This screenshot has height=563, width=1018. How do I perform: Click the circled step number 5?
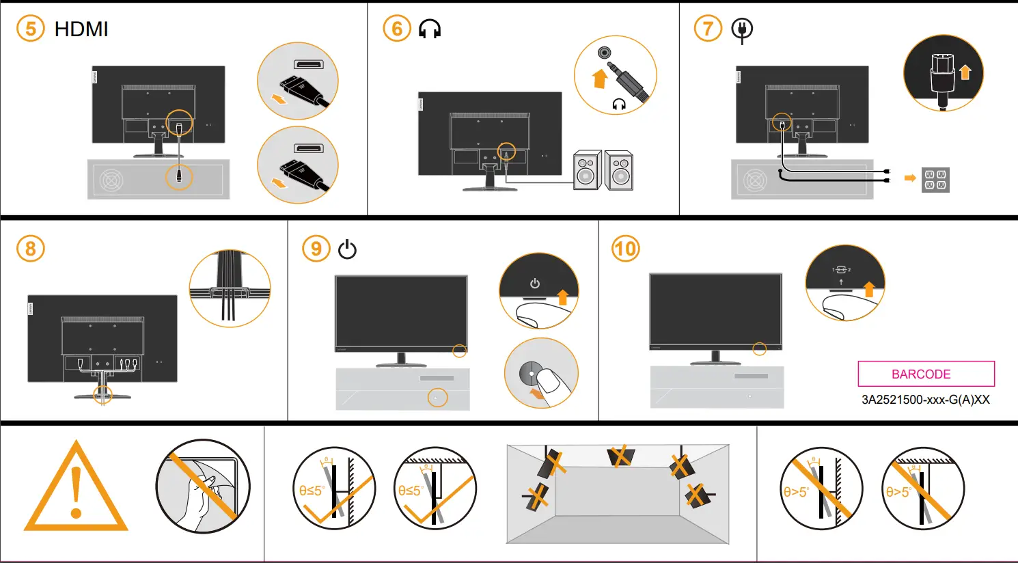[30, 29]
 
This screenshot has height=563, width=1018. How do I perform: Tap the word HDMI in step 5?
[81, 29]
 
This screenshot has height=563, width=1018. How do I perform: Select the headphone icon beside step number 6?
[430, 29]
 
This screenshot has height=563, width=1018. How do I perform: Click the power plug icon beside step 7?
[742, 30]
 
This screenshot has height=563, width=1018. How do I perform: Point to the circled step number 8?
[30, 249]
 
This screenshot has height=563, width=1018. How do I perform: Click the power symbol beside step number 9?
[347, 249]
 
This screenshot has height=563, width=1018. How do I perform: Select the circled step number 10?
[625, 249]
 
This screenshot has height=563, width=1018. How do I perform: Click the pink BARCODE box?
[926, 374]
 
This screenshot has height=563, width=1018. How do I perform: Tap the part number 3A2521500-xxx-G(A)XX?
[925, 400]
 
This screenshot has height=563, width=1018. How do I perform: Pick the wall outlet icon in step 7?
[935, 180]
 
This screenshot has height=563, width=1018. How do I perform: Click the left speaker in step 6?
[586, 170]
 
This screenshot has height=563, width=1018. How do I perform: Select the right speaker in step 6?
[620, 170]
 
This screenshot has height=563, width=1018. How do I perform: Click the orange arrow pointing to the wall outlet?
[909, 178]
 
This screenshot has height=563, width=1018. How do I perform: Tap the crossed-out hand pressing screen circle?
[202, 486]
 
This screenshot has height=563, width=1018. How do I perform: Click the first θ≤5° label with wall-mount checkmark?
[311, 491]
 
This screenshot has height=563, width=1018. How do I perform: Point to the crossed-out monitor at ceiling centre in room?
[620, 456]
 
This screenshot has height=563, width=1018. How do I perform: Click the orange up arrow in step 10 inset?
[868, 289]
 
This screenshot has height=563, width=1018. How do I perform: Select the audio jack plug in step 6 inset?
[629, 81]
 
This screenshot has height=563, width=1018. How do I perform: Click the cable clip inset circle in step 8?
[230, 288]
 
